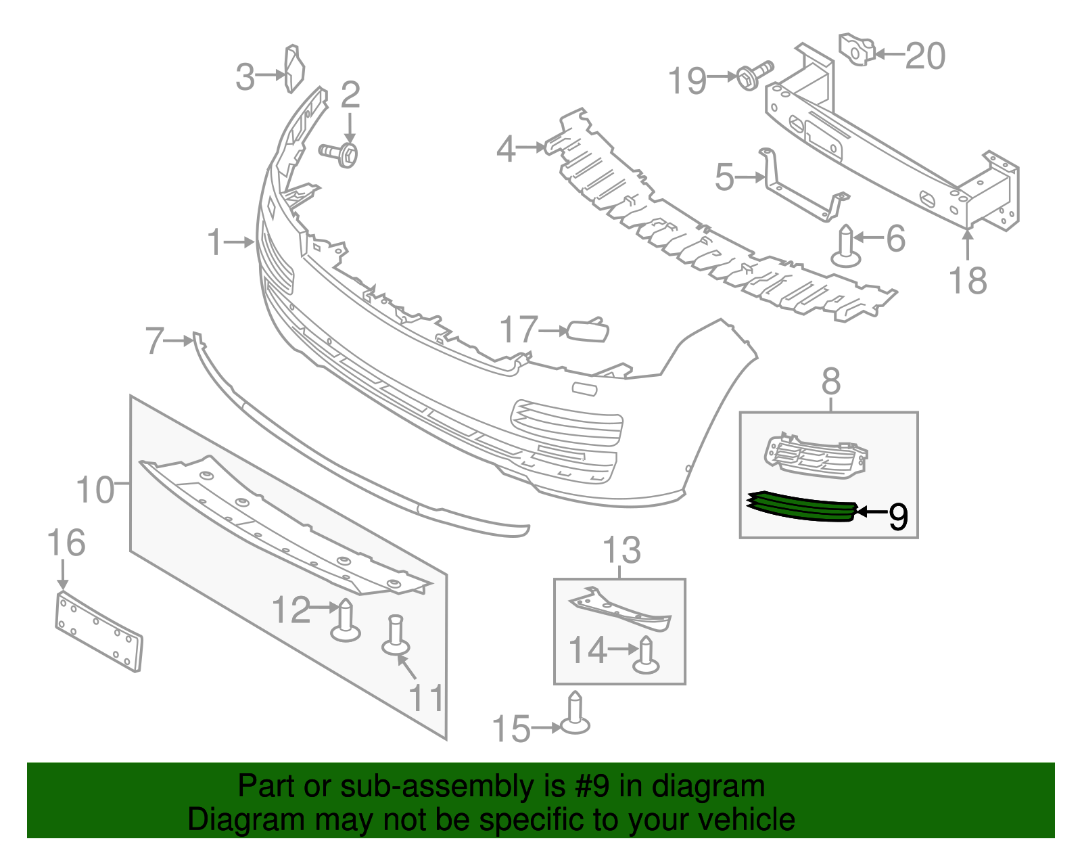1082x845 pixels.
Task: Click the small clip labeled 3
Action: click(294, 68)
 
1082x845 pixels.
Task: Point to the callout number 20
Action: click(924, 55)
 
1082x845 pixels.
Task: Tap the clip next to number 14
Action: click(646, 656)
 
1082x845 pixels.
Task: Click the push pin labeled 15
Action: click(575, 714)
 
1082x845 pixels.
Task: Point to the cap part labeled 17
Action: click(588, 330)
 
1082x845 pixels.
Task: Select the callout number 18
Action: click(968, 280)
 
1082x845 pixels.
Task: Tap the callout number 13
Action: click(621, 550)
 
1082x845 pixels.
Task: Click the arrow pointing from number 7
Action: click(180, 342)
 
